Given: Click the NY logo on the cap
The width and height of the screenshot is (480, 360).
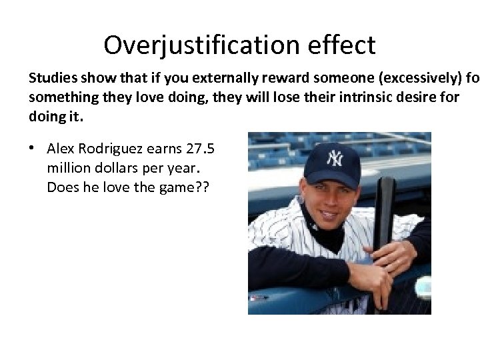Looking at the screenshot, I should point(333,158).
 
